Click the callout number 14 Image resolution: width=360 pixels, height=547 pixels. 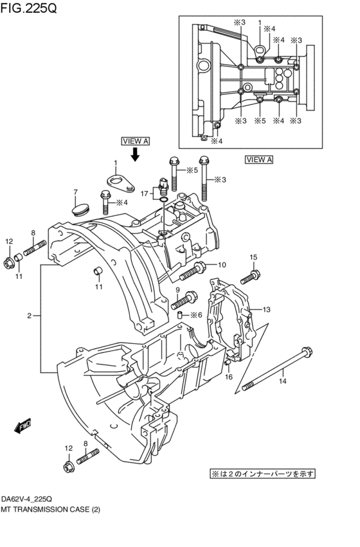click(282, 382)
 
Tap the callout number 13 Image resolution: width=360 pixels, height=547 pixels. click(266, 309)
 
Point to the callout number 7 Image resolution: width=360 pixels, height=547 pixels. click(75, 192)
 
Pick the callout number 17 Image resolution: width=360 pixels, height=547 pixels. click(145, 193)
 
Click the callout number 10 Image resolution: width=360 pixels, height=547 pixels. click(221, 265)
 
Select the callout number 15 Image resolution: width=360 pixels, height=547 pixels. click(253, 258)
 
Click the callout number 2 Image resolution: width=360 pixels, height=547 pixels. click(29, 316)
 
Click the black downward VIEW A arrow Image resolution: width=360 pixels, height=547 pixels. click(136, 154)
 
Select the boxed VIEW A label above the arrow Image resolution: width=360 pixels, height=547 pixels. click(135, 140)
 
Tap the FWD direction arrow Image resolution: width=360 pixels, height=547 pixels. click(24, 425)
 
